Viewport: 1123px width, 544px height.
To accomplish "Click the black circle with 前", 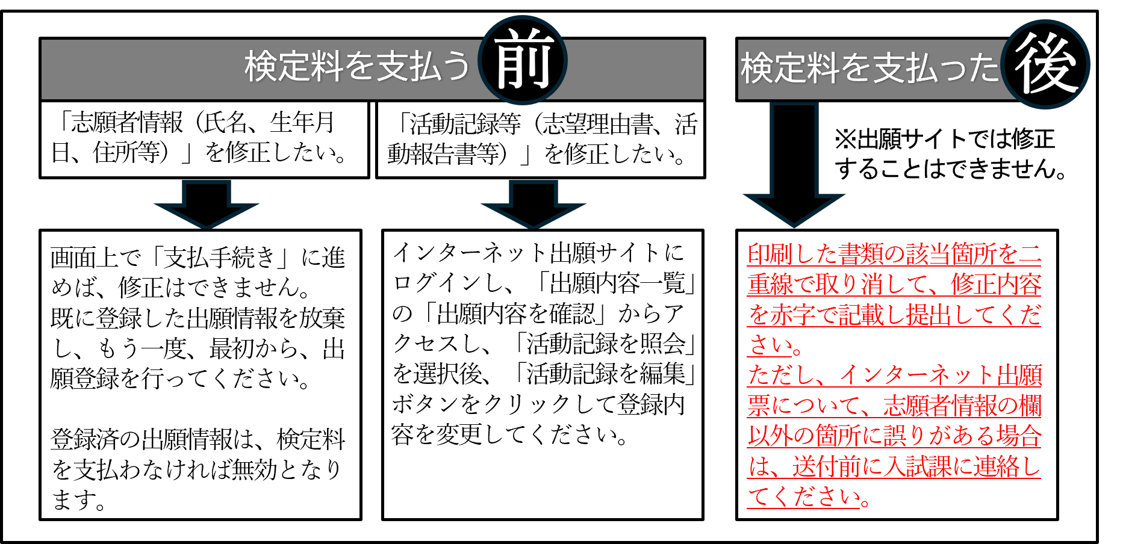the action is [522, 60].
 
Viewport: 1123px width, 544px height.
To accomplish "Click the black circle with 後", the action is [1046, 64].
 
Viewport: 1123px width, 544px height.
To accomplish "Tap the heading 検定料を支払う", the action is [356, 66].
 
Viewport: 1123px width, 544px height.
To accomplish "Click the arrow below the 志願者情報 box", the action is [206, 205].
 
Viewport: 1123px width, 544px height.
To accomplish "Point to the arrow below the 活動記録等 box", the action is [534, 205].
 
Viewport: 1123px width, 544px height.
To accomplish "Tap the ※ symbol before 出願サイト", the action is [845, 140].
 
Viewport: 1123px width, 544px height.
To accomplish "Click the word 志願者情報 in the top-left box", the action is [126, 123].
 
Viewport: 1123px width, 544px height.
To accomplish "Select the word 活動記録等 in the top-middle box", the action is [465, 125].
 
